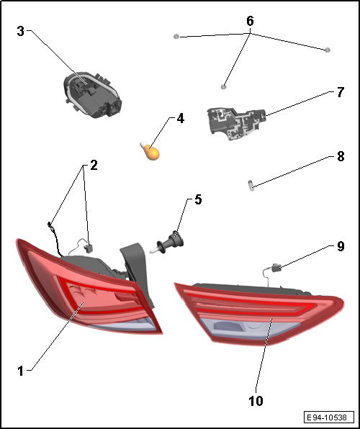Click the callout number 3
point(21,31)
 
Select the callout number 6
point(250,21)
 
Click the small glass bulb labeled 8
point(251,186)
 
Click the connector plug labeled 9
point(276,268)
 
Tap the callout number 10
point(256,401)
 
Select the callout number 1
point(21,371)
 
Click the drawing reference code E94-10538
point(328,417)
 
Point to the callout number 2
point(94,166)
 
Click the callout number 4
point(181,119)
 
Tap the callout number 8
point(341,156)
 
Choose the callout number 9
point(341,246)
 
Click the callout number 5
point(198,199)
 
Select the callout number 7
point(341,92)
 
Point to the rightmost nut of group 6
point(327,50)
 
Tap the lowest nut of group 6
point(223,87)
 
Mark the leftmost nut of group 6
point(176,36)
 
